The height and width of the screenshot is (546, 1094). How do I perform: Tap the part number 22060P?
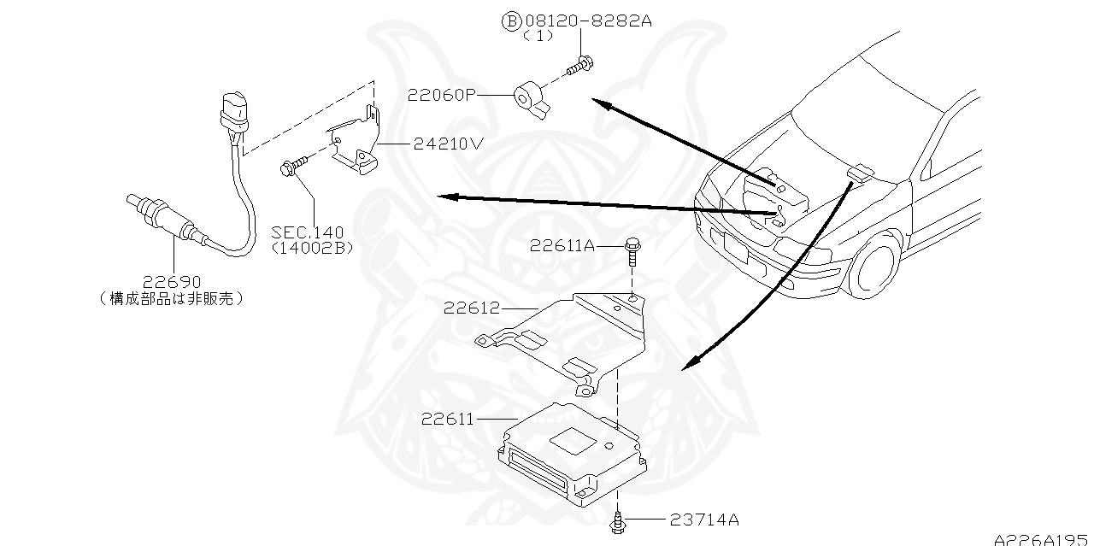441,95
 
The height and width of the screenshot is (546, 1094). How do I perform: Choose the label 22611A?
562,245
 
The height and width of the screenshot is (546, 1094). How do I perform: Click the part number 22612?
472,308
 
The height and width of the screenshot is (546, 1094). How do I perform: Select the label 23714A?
704,519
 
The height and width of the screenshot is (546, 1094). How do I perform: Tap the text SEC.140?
308,232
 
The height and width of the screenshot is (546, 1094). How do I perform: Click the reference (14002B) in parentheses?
312,248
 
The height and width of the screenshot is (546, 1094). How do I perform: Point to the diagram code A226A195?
1042,538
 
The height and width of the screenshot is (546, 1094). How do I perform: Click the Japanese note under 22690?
172,298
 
